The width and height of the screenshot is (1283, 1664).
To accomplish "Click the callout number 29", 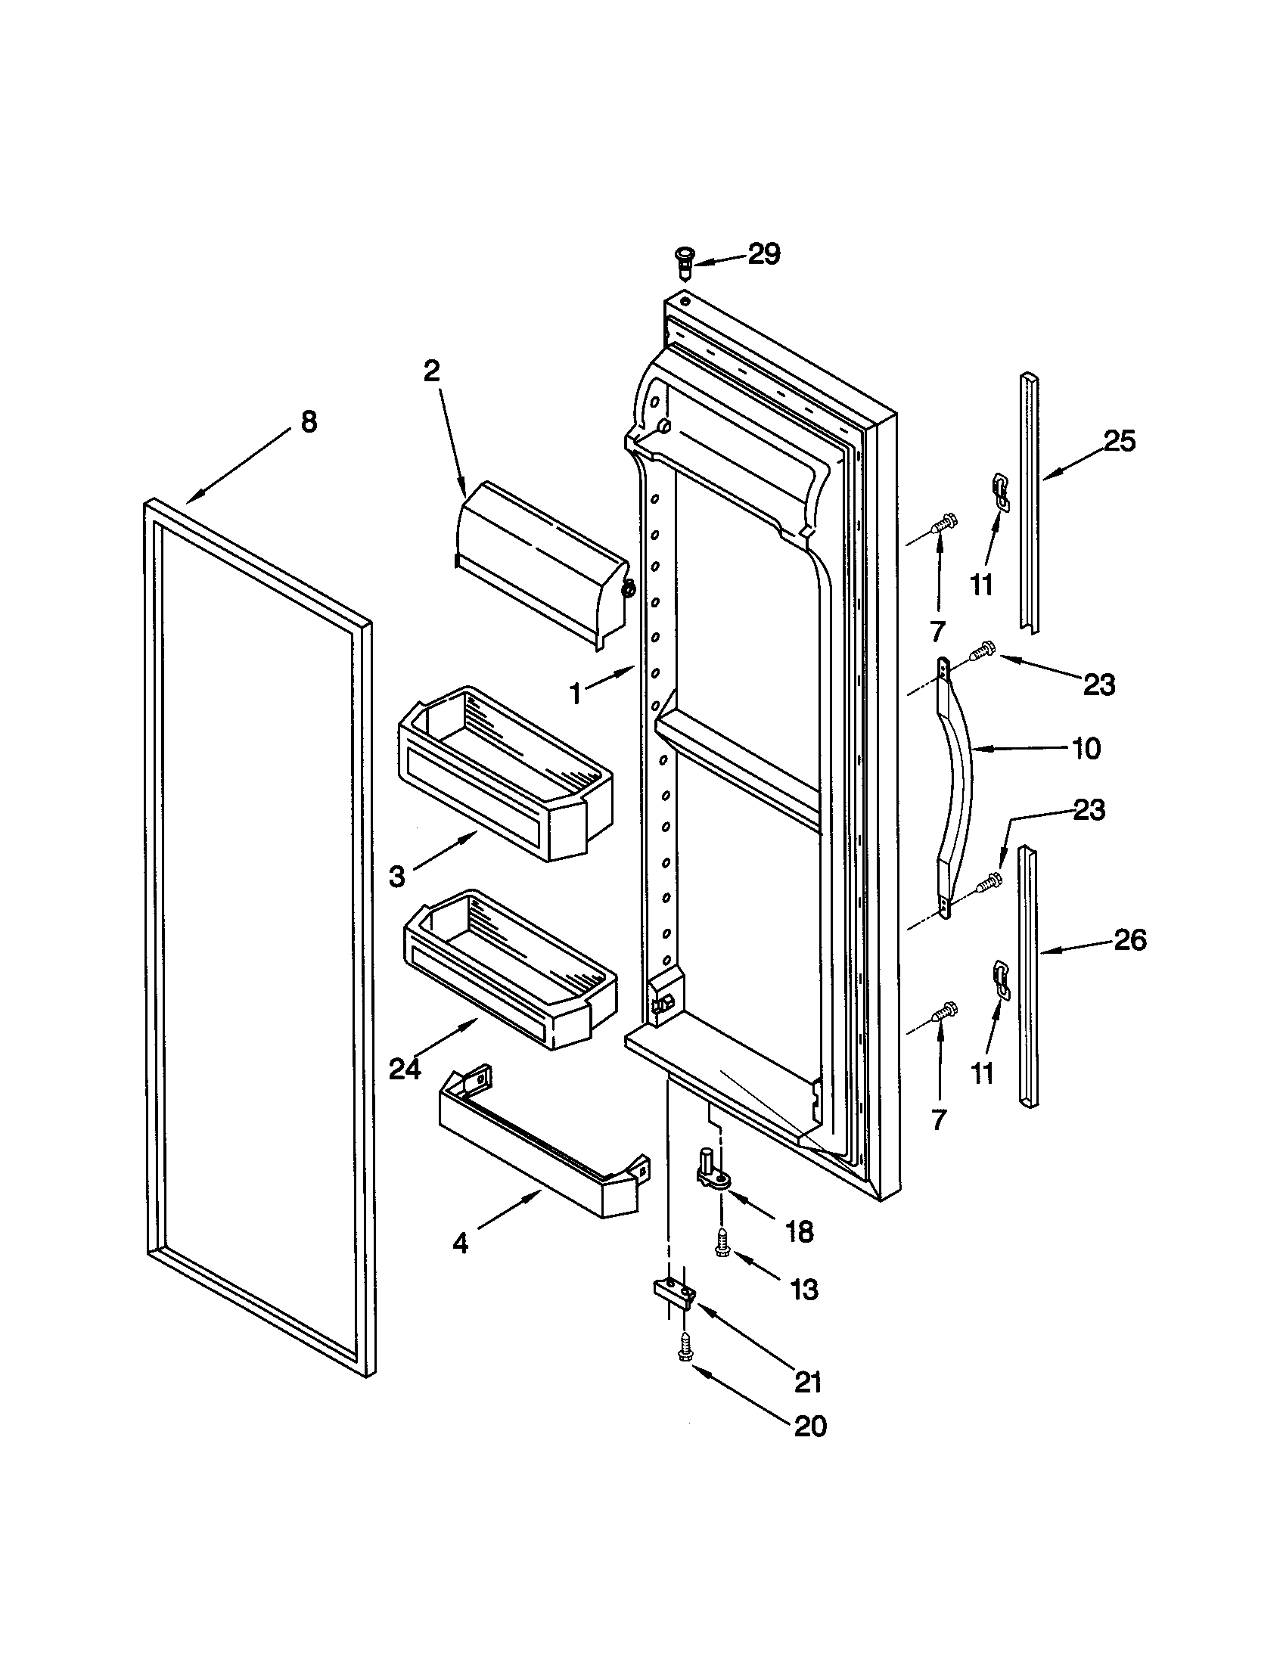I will [763, 254].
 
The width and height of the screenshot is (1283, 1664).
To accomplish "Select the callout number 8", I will [308, 421].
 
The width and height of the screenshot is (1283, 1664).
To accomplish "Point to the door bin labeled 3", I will [503, 773].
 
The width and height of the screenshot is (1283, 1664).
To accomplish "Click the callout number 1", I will [576, 694].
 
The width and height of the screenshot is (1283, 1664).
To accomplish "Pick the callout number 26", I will [1129, 940].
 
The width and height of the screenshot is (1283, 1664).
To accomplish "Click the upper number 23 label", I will [1099, 685].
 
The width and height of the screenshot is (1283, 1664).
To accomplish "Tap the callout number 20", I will [810, 1426].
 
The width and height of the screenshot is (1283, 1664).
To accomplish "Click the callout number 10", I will [1086, 748].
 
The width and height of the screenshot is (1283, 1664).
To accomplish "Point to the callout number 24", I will [405, 1069].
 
